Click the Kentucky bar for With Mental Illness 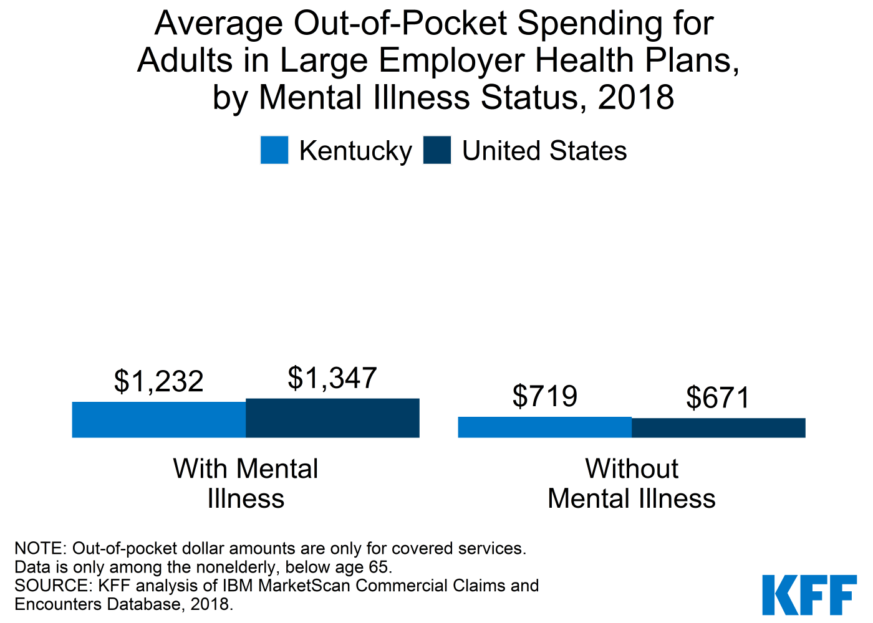tap(159, 419)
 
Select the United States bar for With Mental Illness tap(332, 417)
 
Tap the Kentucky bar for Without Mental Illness tap(544, 427)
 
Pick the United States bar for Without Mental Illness tap(718, 427)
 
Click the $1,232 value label tap(159, 381)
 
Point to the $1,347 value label tap(332, 378)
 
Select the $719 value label tap(545, 396)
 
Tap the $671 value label tap(718, 398)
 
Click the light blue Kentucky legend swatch tap(274, 150)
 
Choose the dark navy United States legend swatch tap(436, 150)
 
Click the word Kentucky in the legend tap(355, 151)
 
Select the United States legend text tap(544, 151)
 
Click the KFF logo tap(809, 595)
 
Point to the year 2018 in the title tap(636, 98)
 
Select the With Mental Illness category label tap(246, 483)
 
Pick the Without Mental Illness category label tap(632, 483)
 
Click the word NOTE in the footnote tap(40, 548)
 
